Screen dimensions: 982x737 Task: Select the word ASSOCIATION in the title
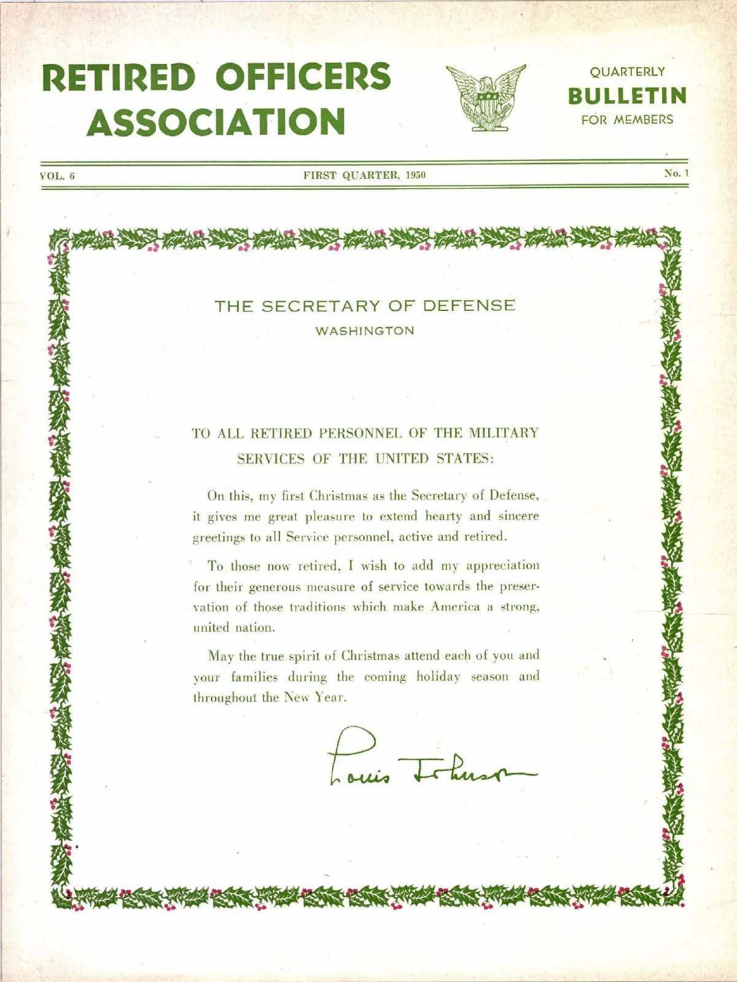pyautogui.click(x=216, y=122)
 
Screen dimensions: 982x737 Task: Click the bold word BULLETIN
pyautogui.click(x=627, y=96)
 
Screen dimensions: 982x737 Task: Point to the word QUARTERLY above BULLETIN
pyautogui.click(x=627, y=72)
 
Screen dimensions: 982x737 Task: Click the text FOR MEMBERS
pyautogui.click(x=627, y=120)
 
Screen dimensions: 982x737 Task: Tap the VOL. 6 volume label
pyautogui.click(x=57, y=176)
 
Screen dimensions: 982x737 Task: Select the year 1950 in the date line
pyautogui.click(x=416, y=175)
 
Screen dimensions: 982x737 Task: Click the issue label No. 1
pyautogui.click(x=676, y=173)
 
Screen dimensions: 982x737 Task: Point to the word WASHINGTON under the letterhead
pyautogui.click(x=365, y=331)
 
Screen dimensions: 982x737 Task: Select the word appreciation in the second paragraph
pyautogui.click(x=502, y=565)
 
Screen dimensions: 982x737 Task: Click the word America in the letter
pyautogui.click(x=455, y=607)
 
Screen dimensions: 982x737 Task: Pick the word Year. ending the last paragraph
pyautogui.click(x=331, y=697)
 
